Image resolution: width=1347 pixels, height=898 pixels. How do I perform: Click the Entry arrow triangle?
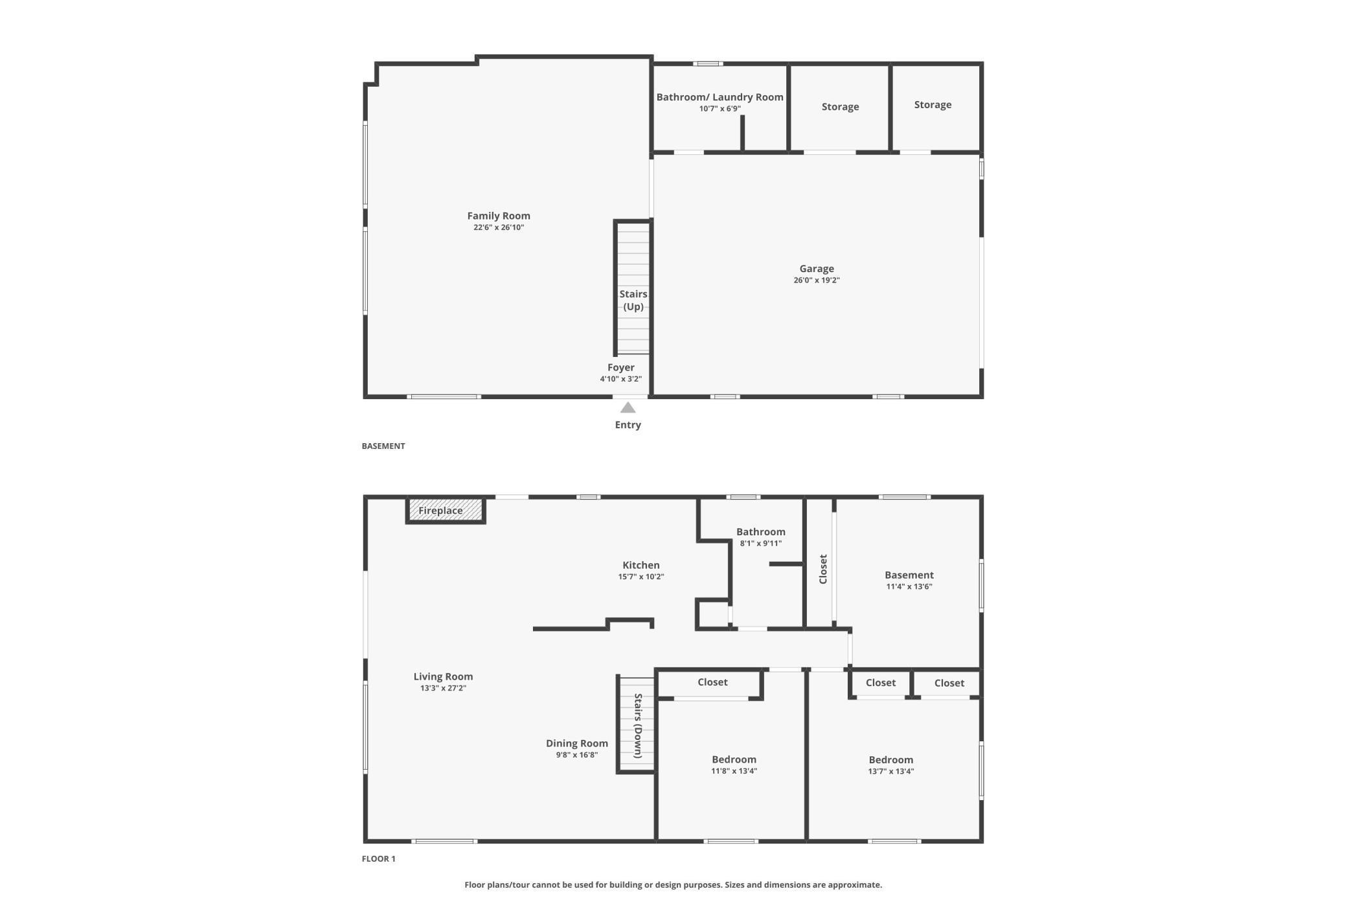[628, 408]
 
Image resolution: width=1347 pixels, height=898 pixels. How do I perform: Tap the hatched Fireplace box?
[446, 510]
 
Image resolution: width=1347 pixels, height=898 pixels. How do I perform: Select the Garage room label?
[817, 268]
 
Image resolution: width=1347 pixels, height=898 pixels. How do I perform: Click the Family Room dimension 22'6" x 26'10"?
[499, 227]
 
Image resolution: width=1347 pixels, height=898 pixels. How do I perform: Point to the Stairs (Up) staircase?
[633, 288]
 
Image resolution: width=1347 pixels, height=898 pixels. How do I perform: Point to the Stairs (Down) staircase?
[637, 724]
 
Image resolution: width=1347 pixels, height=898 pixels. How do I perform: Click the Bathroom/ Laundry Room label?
[719, 97]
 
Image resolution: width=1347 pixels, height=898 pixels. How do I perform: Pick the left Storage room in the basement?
[840, 108]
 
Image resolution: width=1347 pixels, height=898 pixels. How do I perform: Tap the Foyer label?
[621, 367]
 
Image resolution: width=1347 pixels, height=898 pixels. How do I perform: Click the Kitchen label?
[641, 565]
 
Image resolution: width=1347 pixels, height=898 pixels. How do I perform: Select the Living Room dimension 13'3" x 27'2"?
[443, 688]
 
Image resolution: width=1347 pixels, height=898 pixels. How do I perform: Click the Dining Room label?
[577, 743]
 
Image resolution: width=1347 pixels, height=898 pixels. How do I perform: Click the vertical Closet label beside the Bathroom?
[823, 569]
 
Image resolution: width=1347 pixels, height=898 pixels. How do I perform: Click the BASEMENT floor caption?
[383, 446]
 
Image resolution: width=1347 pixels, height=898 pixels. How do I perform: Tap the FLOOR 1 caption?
[378, 858]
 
